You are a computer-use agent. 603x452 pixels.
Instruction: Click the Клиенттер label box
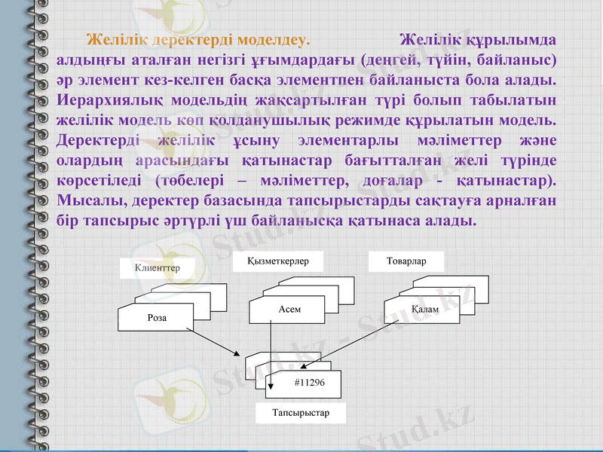pyautogui.click(x=157, y=267)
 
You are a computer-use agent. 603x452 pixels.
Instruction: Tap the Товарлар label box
pyautogui.click(x=406, y=261)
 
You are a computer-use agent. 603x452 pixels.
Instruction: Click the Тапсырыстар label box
pyautogui.click(x=301, y=414)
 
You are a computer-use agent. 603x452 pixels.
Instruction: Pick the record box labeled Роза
pyautogui.click(x=156, y=318)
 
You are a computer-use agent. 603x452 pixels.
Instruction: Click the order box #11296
pyautogui.click(x=309, y=383)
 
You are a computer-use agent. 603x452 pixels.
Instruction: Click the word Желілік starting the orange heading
pyautogui.click(x=115, y=39)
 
